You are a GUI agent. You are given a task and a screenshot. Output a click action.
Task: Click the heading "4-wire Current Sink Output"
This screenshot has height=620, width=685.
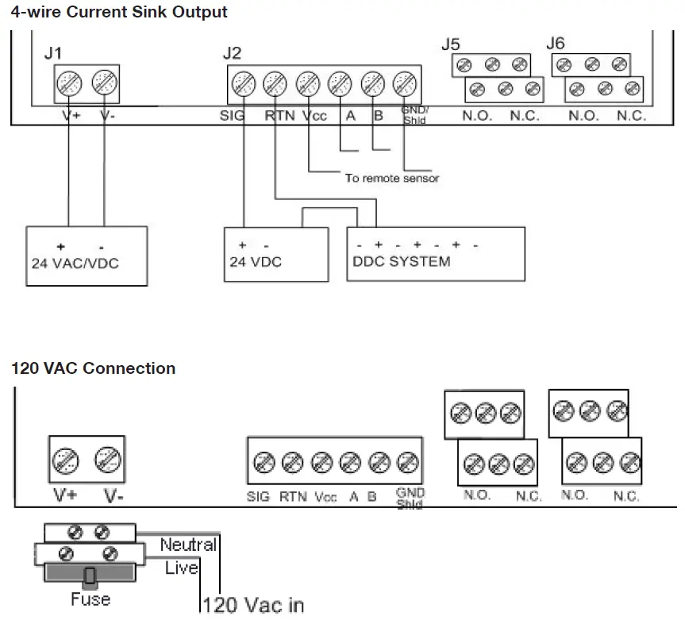(x=119, y=12)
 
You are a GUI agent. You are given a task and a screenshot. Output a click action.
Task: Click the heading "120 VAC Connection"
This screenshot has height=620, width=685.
(x=93, y=368)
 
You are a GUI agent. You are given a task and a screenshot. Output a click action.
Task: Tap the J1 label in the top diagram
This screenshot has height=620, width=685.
(x=53, y=53)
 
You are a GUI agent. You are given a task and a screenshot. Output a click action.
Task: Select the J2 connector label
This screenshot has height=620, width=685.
(x=232, y=53)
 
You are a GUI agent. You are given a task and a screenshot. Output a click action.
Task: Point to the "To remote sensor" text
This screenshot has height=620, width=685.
(x=391, y=178)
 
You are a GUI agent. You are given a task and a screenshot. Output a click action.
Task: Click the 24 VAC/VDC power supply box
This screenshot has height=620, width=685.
(x=87, y=256)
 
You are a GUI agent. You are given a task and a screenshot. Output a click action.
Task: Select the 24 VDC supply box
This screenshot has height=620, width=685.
(x=276, y=254)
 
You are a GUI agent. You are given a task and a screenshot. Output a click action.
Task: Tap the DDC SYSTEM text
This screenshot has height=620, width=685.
(x=401, y=261)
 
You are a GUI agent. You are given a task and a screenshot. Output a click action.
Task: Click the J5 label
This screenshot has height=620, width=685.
(x=450, y=45)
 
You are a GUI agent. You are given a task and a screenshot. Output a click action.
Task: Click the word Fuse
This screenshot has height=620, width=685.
(x=90, y=598)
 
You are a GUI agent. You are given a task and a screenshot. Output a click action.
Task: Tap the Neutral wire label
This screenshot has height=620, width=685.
(x=187, y=545)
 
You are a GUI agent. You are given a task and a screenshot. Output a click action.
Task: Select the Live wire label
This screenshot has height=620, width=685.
(x=181, y=568)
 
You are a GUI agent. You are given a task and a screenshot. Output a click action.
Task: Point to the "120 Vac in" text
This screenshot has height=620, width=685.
(x=252, y=604)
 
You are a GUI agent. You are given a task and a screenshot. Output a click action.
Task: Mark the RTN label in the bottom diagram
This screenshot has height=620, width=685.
(x=293, y=498)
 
